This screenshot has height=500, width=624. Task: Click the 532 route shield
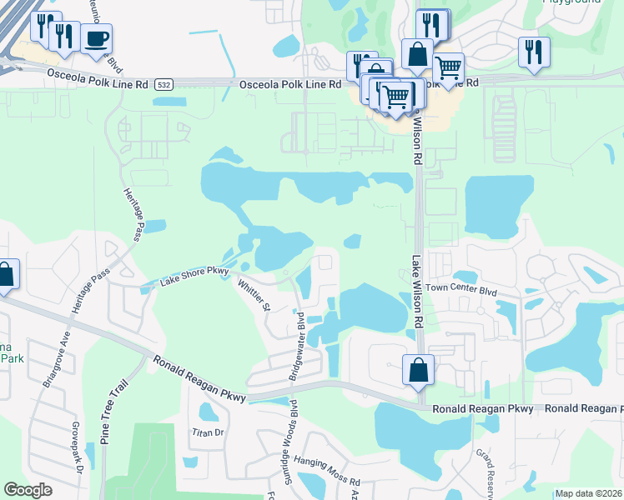coord(164,84)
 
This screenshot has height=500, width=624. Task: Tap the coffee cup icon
coord(97,39)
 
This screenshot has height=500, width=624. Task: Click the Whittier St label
coord(254,295)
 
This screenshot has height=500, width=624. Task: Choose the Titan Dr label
coord(209,432)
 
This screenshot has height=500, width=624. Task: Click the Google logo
coord(28,490)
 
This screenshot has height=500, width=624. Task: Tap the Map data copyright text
coord(589,493)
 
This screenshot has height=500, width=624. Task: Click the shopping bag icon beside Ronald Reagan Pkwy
coord(417,370)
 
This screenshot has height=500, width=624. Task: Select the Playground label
coord(571,2)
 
